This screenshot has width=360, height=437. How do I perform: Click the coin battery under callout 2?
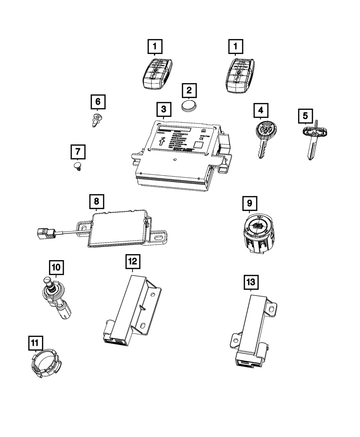pyautogui.click(x=189, y=107)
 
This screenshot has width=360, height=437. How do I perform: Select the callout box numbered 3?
pyautogui.click(x=163, y=109)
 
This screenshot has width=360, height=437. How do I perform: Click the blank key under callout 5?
pyautogui.click(x=312, y=140)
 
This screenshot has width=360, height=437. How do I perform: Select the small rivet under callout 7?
pyautogui.click(x=77, y=166)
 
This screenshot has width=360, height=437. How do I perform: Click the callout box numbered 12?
pyautogui.click(x=133, y=262)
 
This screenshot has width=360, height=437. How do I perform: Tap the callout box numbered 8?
pyautogui.click(x=96, y=202)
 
